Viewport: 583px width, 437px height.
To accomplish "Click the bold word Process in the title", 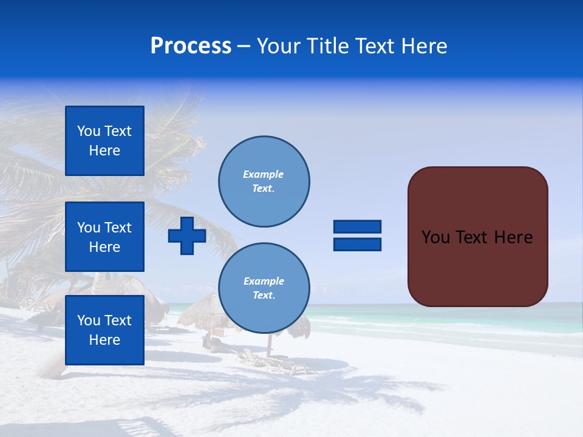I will click(x=191, y=46).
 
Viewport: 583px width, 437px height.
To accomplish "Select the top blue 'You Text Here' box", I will click(x=104, y=141).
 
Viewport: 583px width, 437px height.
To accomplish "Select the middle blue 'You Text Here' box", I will click(x=104, y=237).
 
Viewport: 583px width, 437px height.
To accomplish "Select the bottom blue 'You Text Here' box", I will click(x=104, y=330).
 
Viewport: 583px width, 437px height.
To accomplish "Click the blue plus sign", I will click(x=187, y=236).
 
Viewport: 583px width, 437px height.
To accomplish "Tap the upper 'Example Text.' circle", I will click(x=264, y=181).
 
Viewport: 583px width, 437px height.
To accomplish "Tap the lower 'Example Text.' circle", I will click(x=264, y=288).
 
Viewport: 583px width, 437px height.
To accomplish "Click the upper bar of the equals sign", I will click(x=357, y=227).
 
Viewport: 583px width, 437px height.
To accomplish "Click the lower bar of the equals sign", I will click(x=357, y=244).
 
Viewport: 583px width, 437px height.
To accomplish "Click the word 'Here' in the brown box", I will click(x=513, y=237).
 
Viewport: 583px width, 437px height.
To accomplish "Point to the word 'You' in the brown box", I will click(x=435, y=237).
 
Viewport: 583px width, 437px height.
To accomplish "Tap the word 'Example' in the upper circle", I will click(x=263, y=174).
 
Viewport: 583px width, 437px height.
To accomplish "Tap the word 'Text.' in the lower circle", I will click(x=264, y=296).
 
